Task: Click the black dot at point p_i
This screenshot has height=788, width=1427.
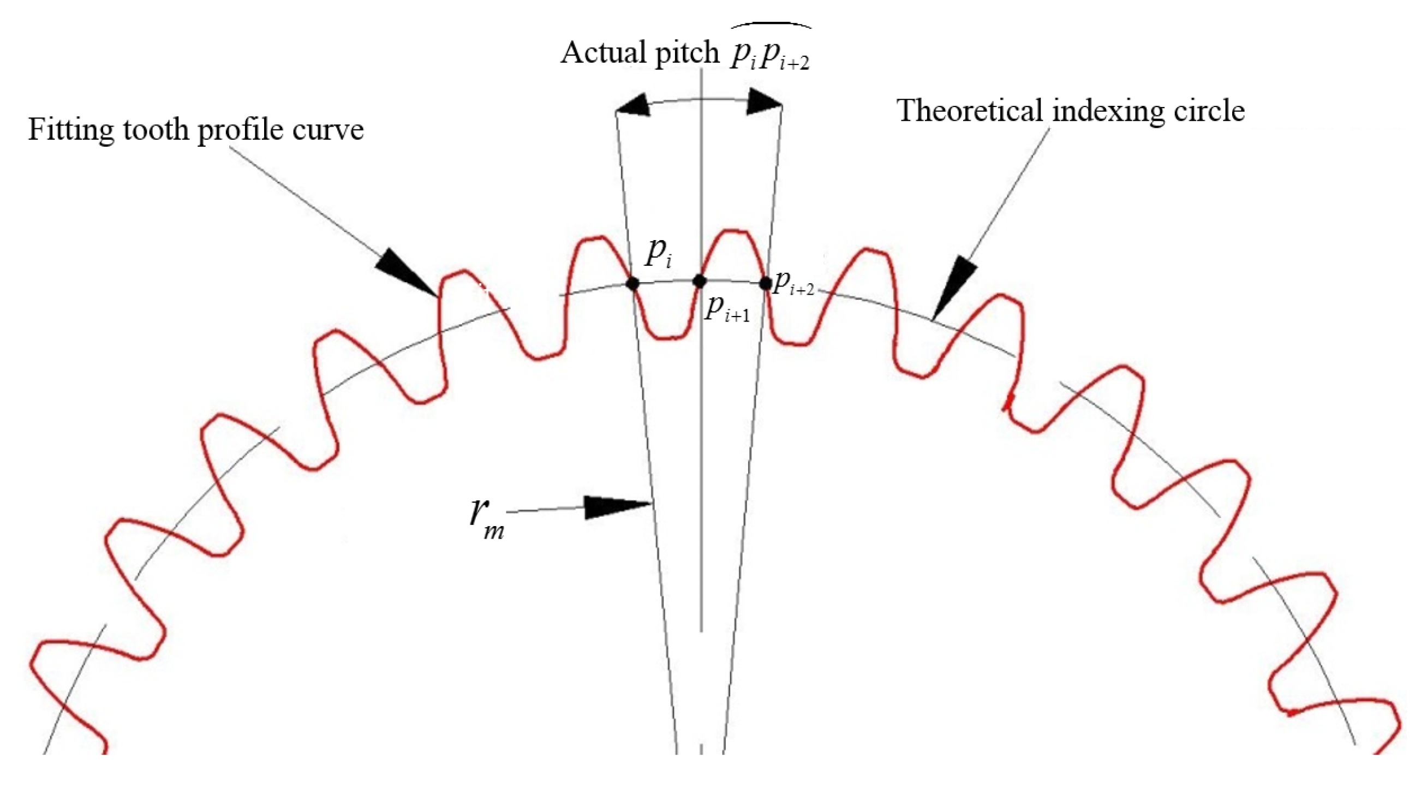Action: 632,284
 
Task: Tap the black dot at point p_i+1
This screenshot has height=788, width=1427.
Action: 700,282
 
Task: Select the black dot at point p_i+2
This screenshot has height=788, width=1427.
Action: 765,284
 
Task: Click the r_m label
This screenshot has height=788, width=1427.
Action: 486,516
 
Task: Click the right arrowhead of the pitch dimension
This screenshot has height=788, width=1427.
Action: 765,103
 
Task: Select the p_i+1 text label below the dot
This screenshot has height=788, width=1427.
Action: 727,309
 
